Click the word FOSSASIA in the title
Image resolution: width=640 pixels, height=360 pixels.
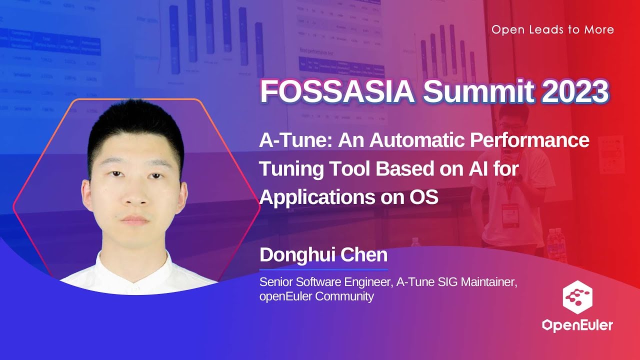click(337, 91)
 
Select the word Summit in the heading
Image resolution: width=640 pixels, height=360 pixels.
click(478, 91)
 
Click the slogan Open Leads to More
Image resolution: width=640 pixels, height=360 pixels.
click(552, 29)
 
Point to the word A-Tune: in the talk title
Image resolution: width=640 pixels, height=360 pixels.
click(296, 140)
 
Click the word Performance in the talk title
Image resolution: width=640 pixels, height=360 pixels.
click(529, 140)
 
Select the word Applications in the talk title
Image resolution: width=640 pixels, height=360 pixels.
click(316, 197)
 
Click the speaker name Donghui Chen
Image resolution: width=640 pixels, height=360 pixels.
click(323, 255)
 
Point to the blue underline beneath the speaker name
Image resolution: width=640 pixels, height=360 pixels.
click(323, 269)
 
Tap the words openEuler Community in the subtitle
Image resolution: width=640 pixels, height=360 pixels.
click(316, 296)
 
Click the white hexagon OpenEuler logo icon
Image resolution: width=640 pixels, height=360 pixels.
click(577, 297)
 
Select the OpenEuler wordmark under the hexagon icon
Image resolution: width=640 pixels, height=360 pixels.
click(577, 325)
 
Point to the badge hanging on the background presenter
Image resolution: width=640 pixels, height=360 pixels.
click(510, 215)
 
